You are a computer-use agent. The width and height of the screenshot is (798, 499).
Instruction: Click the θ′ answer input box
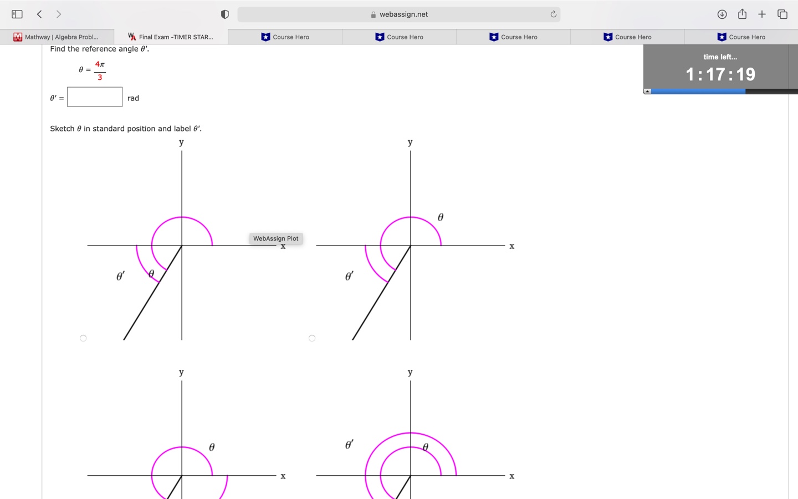click(x=95, y=97)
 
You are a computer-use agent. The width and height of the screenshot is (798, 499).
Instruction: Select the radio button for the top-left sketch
click(x=83, y=338)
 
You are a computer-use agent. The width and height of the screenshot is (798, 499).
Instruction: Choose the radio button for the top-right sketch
click(x=312, y=338)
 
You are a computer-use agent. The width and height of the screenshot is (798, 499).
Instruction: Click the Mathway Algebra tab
click(x=57, y=37)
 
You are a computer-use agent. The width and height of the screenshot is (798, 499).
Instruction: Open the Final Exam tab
click(x=171, y=37)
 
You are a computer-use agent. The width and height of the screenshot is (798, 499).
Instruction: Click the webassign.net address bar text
click(x=403, y=14)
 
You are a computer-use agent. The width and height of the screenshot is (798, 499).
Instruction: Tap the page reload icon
click(x=553, y=14)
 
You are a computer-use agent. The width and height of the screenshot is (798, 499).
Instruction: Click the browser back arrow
click(x=39, y=14)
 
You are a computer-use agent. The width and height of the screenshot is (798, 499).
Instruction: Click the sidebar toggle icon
click(x=17, y=14)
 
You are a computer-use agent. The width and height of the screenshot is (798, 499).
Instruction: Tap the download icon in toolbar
click(x=722, y=14)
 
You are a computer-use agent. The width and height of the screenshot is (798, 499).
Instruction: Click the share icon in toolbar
click(x=742, y=14)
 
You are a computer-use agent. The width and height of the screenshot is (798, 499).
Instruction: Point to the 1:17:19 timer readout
click(x=720, y=74)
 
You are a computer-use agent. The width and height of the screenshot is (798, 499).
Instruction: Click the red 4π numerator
click(x=100, y=65)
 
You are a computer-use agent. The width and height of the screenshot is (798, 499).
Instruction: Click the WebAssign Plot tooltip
click(x=275, y=238)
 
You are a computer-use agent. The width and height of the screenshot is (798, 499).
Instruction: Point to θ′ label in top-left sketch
click(x=120, y=276)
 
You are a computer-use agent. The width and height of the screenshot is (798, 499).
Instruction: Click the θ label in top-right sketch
click(x=441, y=217)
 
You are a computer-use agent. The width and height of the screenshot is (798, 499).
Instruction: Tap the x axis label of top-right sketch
click(x=511, y=246)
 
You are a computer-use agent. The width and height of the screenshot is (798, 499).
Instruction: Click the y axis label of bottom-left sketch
click(x=181, y=373)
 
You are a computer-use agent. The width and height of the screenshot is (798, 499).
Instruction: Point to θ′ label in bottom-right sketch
click(x=349, y=444)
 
